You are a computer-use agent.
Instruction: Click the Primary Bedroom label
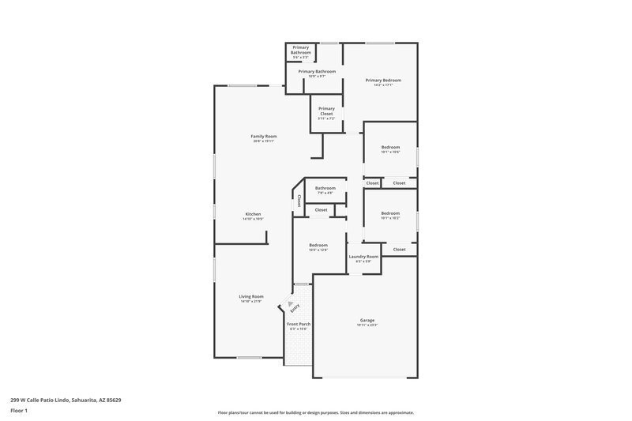(383, 81)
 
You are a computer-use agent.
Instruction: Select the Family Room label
(264, 137)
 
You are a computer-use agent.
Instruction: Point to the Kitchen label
(253, 215)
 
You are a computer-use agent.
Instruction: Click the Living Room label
(251, 298)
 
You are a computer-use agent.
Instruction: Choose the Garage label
(367, 321)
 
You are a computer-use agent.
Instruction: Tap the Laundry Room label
(363, 257)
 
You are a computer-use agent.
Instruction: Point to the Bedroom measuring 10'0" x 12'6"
(318, 246)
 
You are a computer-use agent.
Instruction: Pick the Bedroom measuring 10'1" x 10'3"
(390, 214)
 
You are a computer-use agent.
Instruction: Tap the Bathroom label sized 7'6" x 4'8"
(325, 189)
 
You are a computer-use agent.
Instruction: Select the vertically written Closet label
(299, 201)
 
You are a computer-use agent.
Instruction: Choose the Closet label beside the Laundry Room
(399, 250)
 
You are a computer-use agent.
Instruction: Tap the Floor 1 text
(20, 412)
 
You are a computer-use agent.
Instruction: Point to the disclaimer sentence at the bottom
(315, 412)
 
